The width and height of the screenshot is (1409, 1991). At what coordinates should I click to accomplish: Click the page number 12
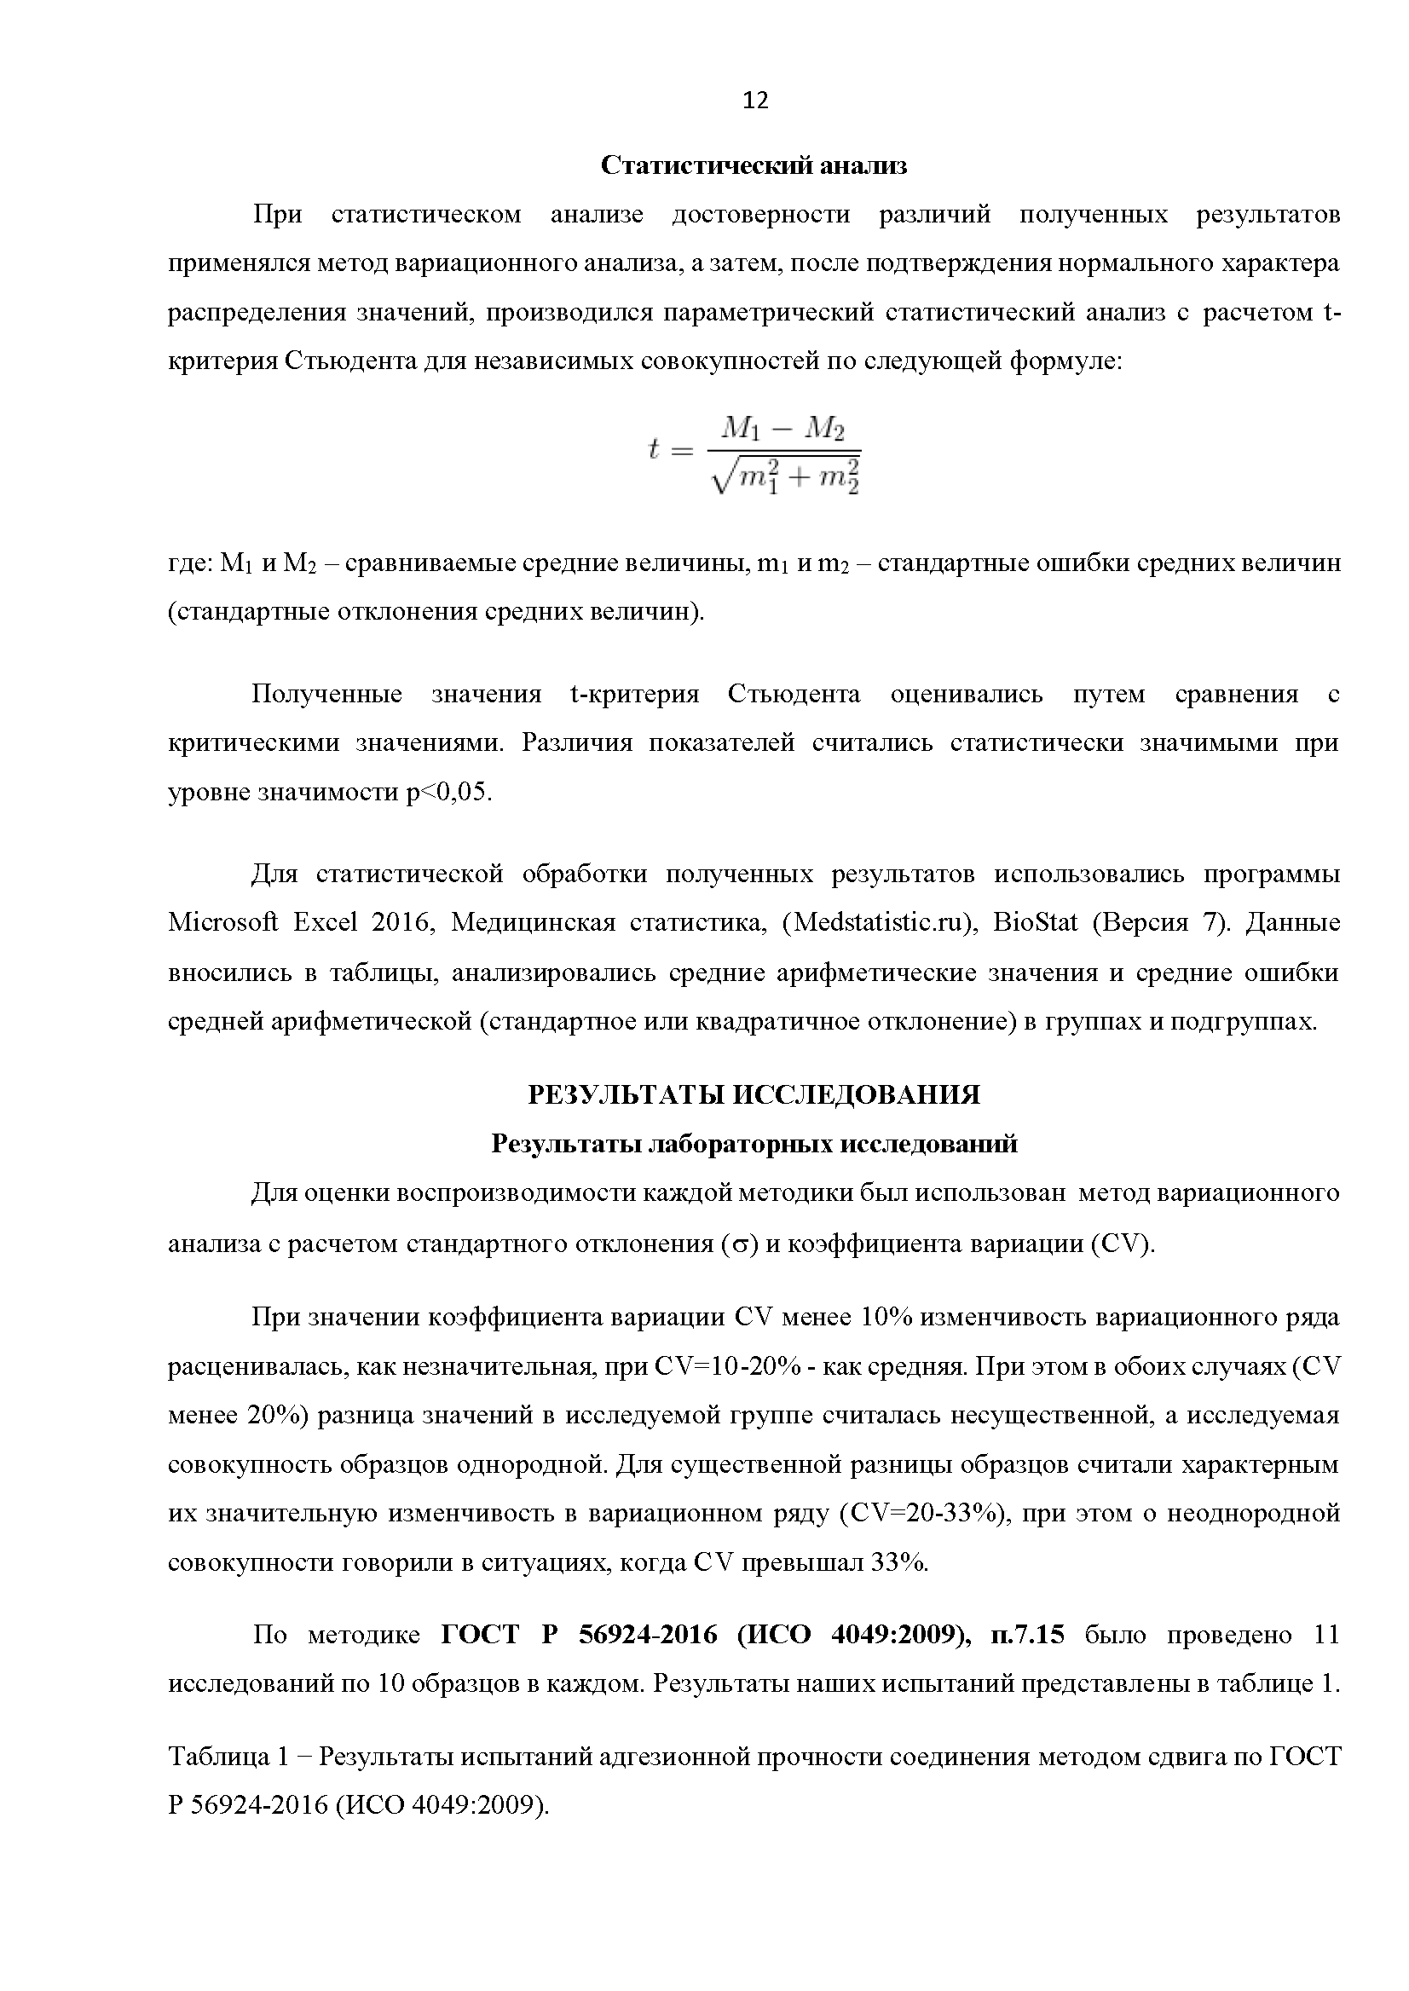pos(755,101)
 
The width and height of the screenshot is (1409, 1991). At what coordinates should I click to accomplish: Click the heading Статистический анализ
pos(754,165)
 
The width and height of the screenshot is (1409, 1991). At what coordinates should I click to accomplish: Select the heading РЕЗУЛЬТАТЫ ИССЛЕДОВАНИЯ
pos(754,1095)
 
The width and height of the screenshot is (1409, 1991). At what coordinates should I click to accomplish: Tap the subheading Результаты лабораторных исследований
pos(754,1145)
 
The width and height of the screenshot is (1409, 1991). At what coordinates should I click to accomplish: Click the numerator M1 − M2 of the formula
pos(783,429)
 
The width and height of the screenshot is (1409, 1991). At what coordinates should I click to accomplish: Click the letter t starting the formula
pos(655,448)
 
